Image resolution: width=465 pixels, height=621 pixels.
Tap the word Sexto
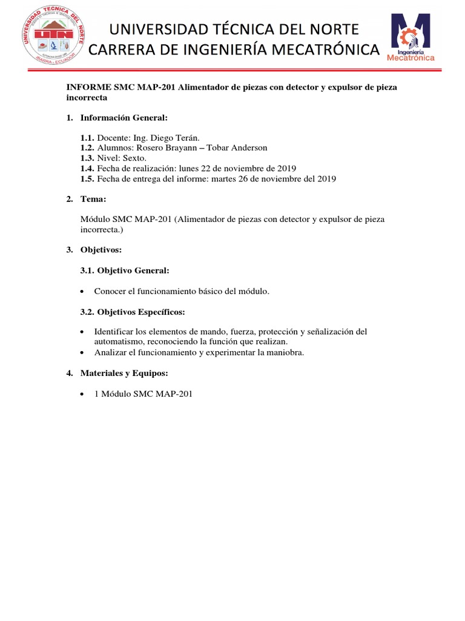(135, 158)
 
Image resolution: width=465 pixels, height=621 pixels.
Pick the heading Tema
(93, 199)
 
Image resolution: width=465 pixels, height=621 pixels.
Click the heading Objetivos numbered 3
(101, 250)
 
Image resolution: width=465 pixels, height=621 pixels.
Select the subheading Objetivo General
(133, 270)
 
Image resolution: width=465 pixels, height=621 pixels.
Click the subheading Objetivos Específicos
(141, 312)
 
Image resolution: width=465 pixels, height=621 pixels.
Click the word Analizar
(111, 352)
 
